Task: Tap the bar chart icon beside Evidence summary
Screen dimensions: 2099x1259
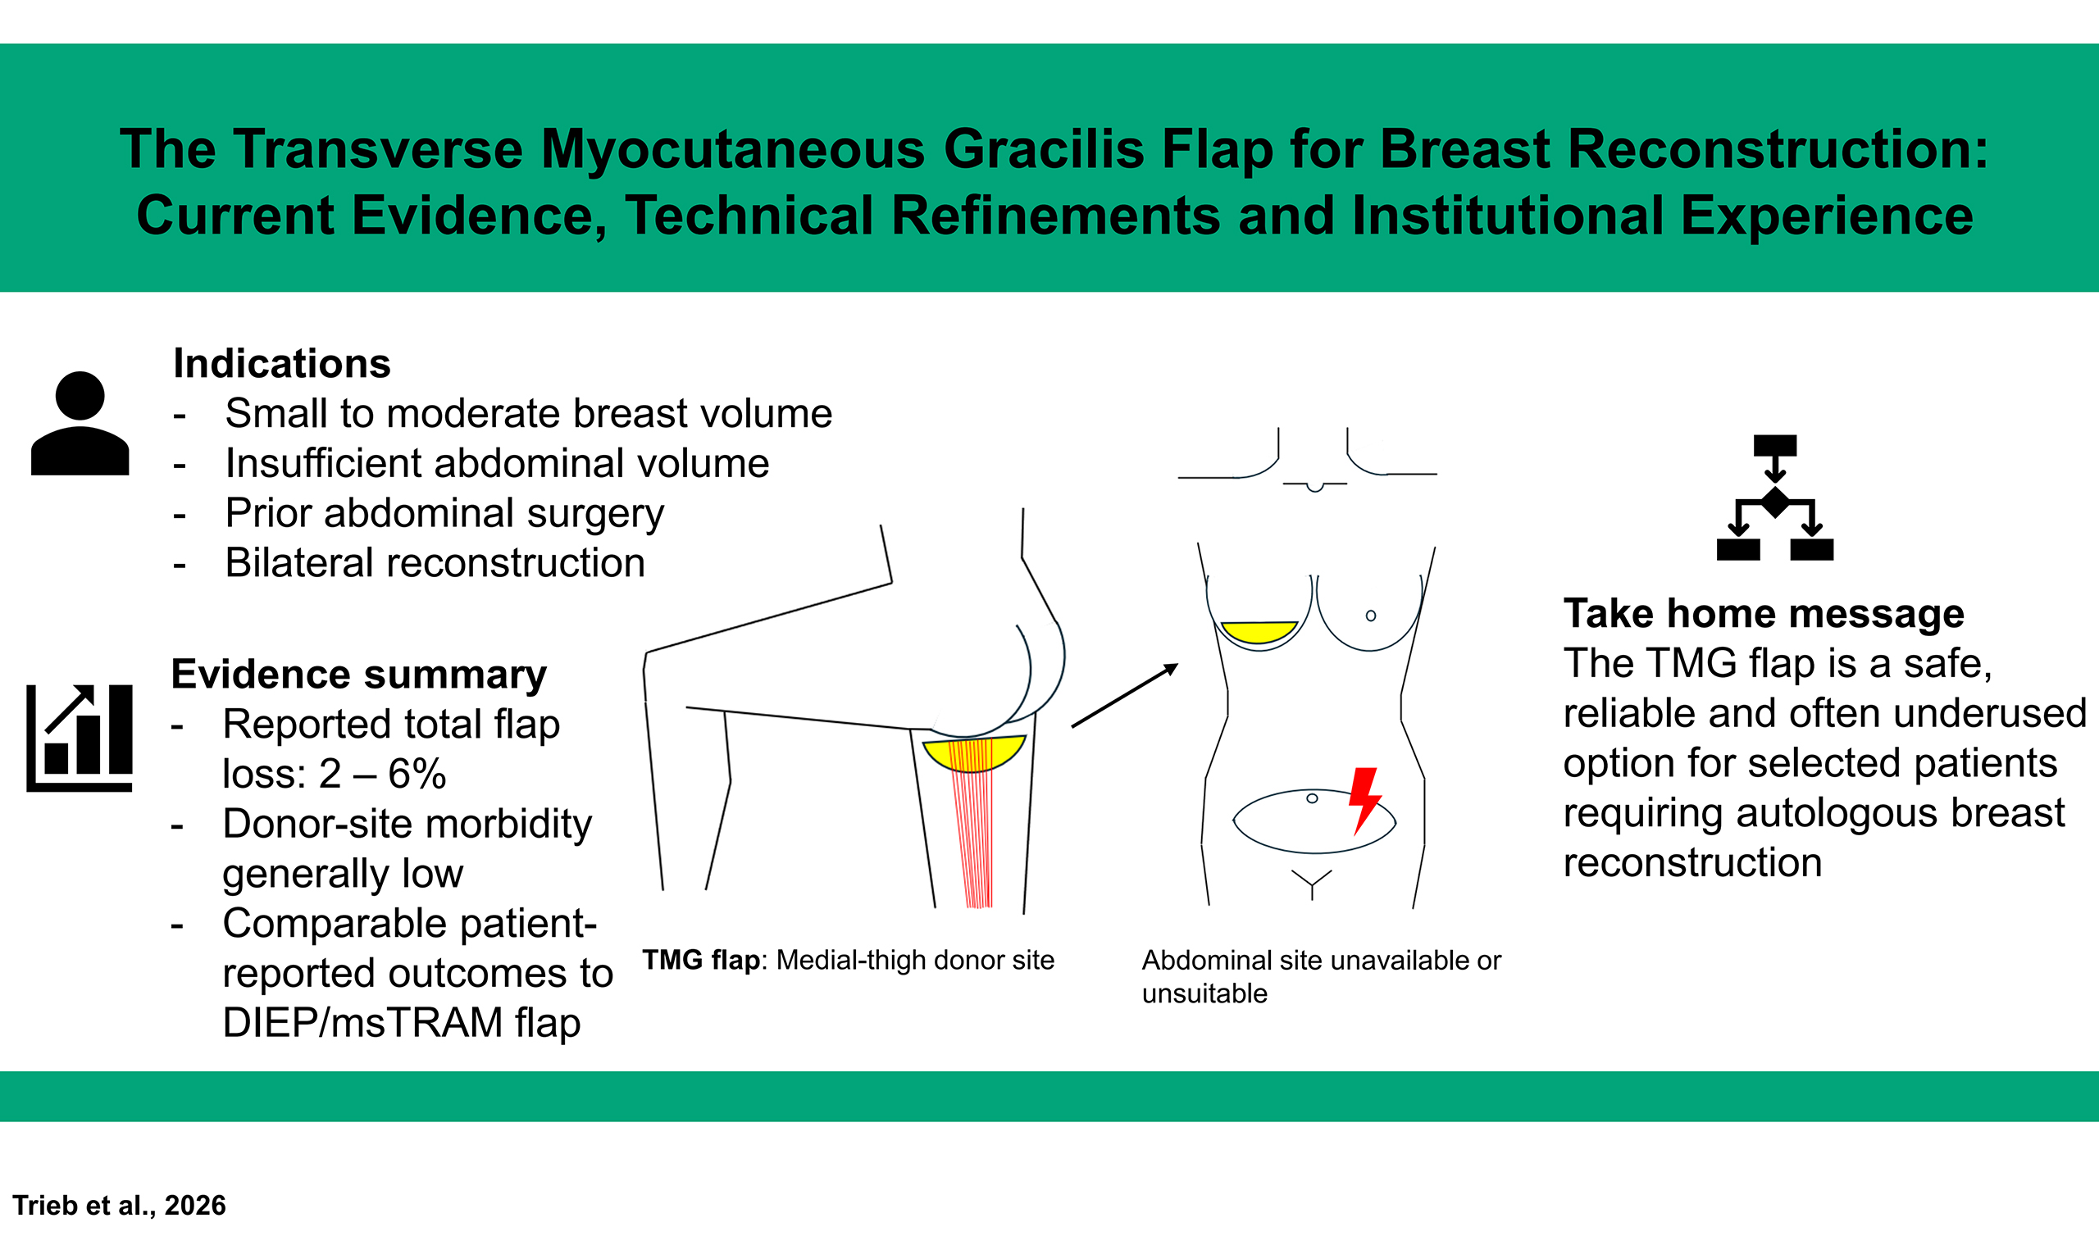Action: (80, 738)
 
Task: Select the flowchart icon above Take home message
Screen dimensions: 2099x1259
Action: (1775, 498)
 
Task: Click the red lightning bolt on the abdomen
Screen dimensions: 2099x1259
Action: (1364, 801)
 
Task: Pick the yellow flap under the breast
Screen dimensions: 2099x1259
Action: (1259, 632)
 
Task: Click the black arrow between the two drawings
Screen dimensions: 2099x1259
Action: (1125, 696)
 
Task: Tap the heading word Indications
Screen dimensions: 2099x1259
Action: (282, 364)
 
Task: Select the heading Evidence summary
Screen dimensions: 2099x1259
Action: (359, 675)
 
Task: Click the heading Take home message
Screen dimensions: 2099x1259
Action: (1764, 613)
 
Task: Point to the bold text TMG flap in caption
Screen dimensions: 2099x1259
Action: (702, 960)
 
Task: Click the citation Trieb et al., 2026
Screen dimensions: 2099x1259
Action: (119, 1206)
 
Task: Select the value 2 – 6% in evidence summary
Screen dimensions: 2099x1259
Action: (383, 774)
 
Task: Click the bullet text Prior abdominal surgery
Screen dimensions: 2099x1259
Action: (444, 514)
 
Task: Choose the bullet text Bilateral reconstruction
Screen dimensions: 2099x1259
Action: (435, 563)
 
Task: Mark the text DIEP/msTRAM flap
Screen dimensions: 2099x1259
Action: (401, 1023)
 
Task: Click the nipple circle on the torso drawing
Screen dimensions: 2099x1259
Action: (1371, 616)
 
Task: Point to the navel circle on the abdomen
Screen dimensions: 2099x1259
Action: (1312, 798)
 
